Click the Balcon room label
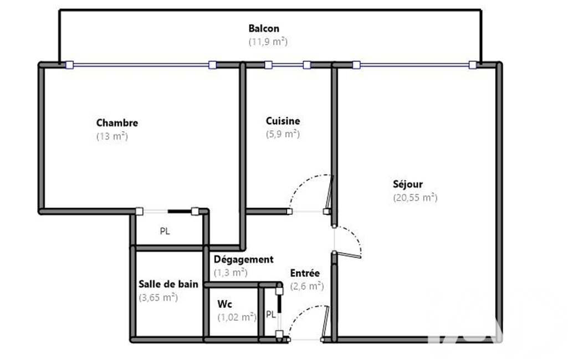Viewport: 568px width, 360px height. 264,28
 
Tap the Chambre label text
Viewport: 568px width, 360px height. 117,123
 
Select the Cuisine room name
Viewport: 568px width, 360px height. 283,121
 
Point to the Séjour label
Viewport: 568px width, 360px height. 407,184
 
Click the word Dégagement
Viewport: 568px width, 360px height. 243,260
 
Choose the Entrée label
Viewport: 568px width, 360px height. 305,272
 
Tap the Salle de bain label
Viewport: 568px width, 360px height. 168,284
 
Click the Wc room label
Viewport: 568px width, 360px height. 224,304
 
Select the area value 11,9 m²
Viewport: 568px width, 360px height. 268,42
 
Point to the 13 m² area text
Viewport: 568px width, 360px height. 112,136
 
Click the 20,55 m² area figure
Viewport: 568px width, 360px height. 415,197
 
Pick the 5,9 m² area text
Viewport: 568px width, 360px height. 283,134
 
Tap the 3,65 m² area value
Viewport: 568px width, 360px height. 158,297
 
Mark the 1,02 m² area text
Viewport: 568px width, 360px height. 237,317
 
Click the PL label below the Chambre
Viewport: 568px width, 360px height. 165,231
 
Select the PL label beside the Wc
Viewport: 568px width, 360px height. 270,315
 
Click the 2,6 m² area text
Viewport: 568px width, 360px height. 307,286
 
